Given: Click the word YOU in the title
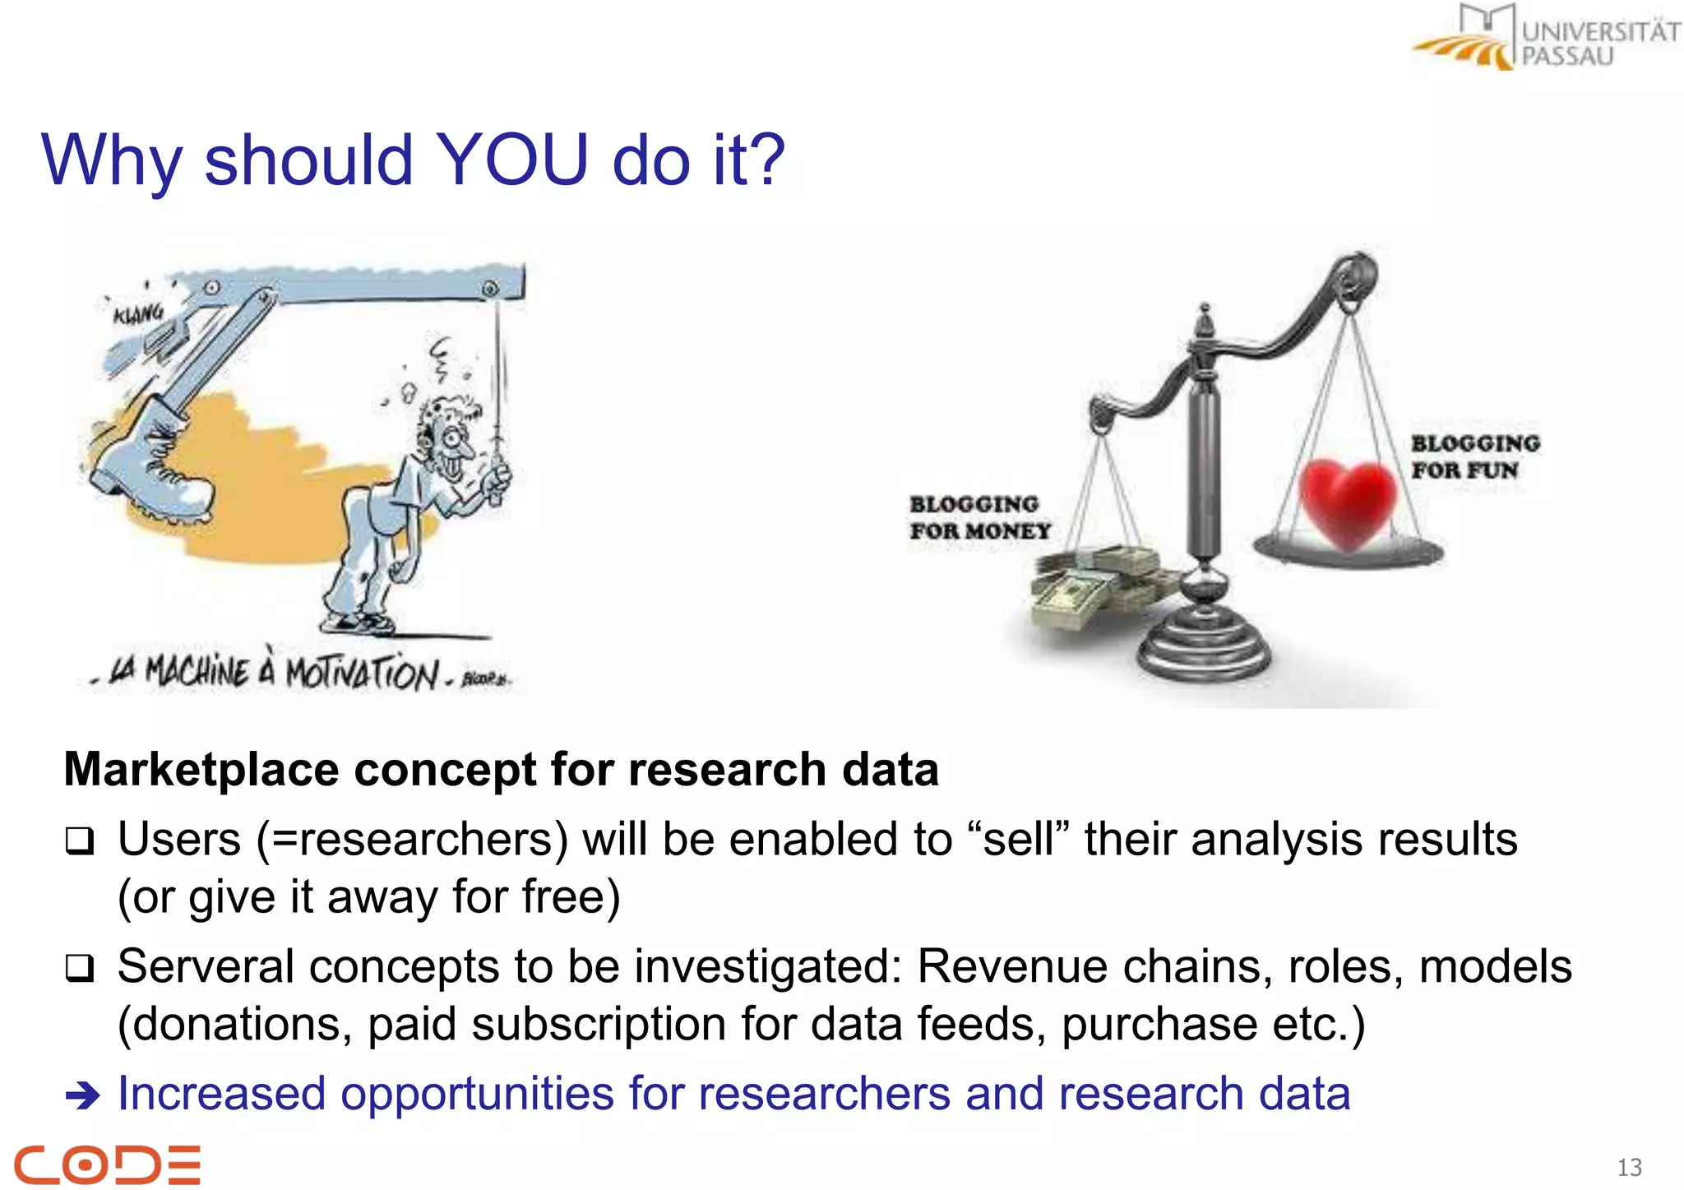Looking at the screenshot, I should (511, 160).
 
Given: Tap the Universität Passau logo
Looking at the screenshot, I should (1546, 38).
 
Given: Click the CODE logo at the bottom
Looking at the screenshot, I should (107, 1164).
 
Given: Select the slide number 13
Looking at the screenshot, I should (1629, 1167).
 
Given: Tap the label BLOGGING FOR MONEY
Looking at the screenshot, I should (978, 518).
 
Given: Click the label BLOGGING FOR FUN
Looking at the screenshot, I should (1473, 456).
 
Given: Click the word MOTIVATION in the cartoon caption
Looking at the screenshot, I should (362, 674).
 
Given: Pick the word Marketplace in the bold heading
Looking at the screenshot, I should (201, 771).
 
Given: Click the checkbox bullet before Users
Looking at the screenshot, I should (80, 841).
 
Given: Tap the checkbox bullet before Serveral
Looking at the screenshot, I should (80, 968).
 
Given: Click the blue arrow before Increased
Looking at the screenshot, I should (82, 1095).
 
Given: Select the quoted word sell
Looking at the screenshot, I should (1017, 840).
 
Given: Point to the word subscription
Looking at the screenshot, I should (598, 1025).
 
